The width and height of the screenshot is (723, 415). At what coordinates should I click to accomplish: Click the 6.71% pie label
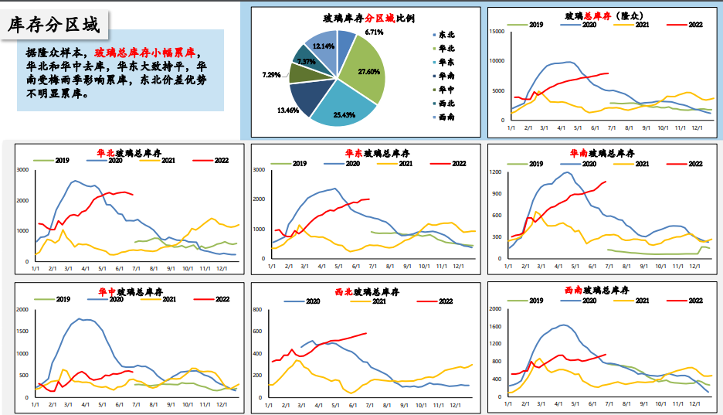coord(375,32)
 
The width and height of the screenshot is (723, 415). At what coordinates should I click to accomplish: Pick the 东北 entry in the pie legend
coord(446,35)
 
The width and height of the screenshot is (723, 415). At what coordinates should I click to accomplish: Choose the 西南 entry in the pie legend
coord(446,117)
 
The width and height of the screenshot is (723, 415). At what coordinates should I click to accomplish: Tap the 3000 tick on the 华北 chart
coord(22,169)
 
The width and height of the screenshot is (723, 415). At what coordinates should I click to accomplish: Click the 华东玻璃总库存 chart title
coord(365,153)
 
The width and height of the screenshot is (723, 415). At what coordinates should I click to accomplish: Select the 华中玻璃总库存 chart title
coord(129,292)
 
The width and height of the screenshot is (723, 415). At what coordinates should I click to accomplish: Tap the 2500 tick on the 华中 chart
coord(22,310)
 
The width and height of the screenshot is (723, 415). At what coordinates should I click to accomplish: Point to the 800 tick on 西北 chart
coord(261,310)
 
